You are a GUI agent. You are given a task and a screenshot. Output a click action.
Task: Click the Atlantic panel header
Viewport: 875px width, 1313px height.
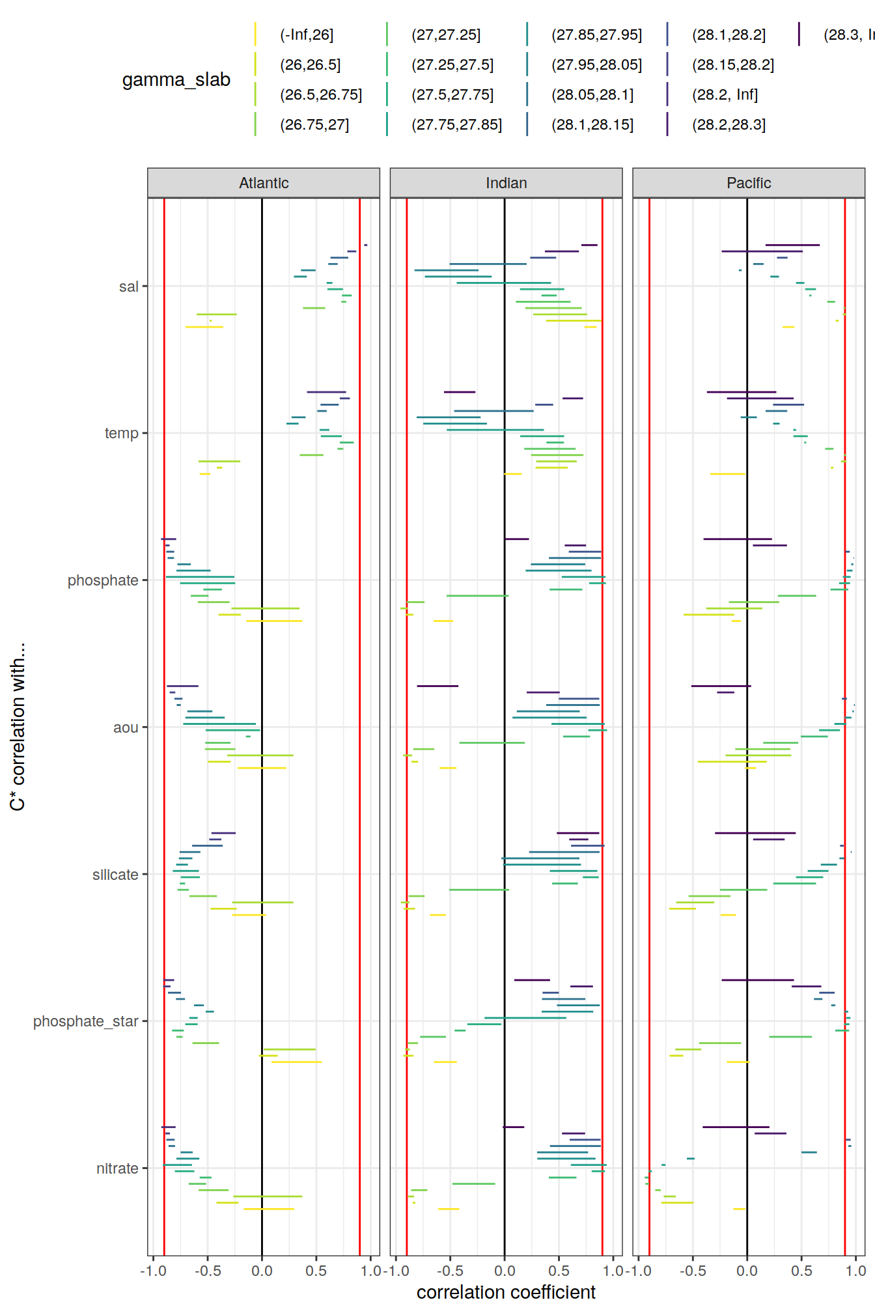click(x=264, y=183)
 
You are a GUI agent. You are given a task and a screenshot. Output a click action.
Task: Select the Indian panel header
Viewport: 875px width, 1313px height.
click(x=506, y=183)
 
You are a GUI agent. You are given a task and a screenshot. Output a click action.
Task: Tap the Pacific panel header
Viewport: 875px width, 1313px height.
click(x=749, y=183)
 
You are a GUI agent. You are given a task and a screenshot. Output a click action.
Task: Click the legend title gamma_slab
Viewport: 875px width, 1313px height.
click(x=176, y=79)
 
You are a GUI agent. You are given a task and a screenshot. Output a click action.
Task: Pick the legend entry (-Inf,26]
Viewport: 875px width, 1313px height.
click(x=307, y=35)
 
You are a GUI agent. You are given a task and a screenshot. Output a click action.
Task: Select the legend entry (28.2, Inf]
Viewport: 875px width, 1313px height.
click(x=725, y=95)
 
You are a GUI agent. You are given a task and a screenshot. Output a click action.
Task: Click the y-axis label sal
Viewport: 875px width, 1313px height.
click(x=129, y=287)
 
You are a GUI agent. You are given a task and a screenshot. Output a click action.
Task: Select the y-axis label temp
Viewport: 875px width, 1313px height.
click(x=122, y=433)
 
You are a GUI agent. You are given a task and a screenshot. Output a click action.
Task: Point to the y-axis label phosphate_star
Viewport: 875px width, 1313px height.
click(x=86, y=1021)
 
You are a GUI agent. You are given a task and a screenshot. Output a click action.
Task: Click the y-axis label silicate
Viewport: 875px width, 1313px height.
click(x=115, y=875)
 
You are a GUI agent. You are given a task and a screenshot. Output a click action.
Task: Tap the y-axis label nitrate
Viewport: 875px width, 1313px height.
click(x=117, y=1168)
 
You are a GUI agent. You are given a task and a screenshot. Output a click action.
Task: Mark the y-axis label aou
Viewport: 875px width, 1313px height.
click(x=126, y=727)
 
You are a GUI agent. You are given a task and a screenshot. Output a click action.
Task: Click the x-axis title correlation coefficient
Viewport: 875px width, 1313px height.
click(x=506, y=1292)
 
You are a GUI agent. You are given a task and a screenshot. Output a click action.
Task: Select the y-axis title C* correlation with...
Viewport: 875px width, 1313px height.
click(x=18, y=726)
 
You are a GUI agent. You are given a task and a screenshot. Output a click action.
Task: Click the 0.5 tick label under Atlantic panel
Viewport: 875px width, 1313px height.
click(x=316, y=1271)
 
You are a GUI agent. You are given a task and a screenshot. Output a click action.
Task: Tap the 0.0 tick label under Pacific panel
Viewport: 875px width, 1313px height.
click(x=747, y=1271)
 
